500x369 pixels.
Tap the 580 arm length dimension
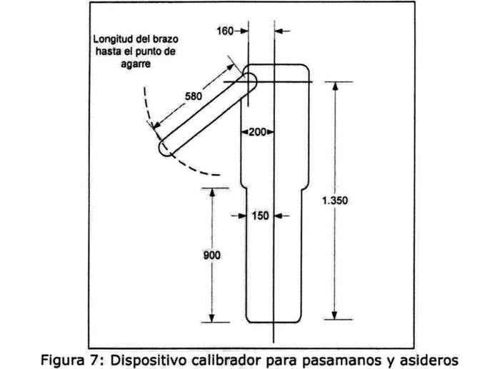(194, 96)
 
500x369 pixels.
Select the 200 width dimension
(256, 133)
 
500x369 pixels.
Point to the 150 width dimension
(260, 215)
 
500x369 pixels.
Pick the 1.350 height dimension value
(335, 201)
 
